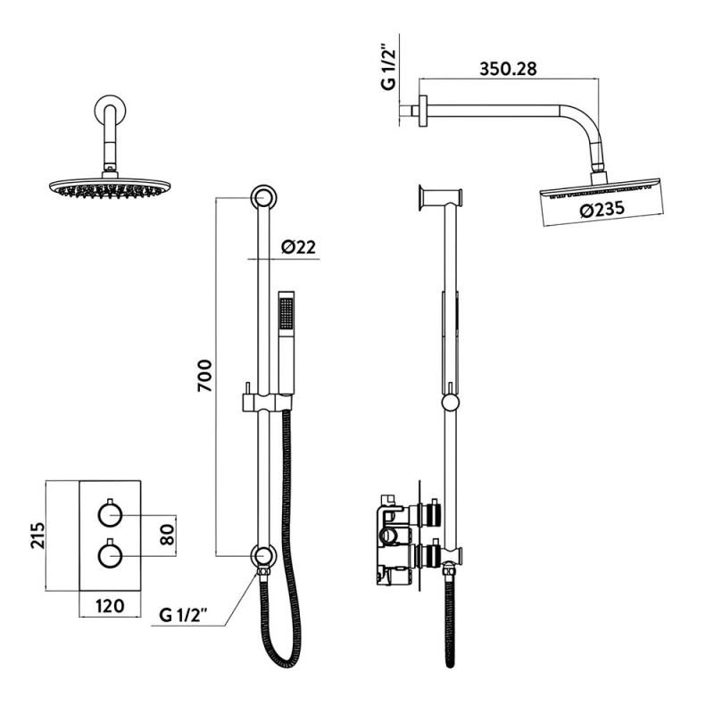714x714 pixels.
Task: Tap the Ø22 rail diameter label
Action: (x=299, y=248)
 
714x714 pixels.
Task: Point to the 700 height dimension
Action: (x=204, y=376)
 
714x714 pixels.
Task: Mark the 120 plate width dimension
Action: (x=108, y=606)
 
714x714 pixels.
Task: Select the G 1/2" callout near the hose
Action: (x=184, y=615)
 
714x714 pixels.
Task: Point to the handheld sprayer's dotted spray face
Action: (x=286, y=313)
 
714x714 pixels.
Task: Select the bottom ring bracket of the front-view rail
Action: (x=262, y=557)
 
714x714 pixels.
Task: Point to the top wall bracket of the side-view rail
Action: (x=440, y=197)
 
